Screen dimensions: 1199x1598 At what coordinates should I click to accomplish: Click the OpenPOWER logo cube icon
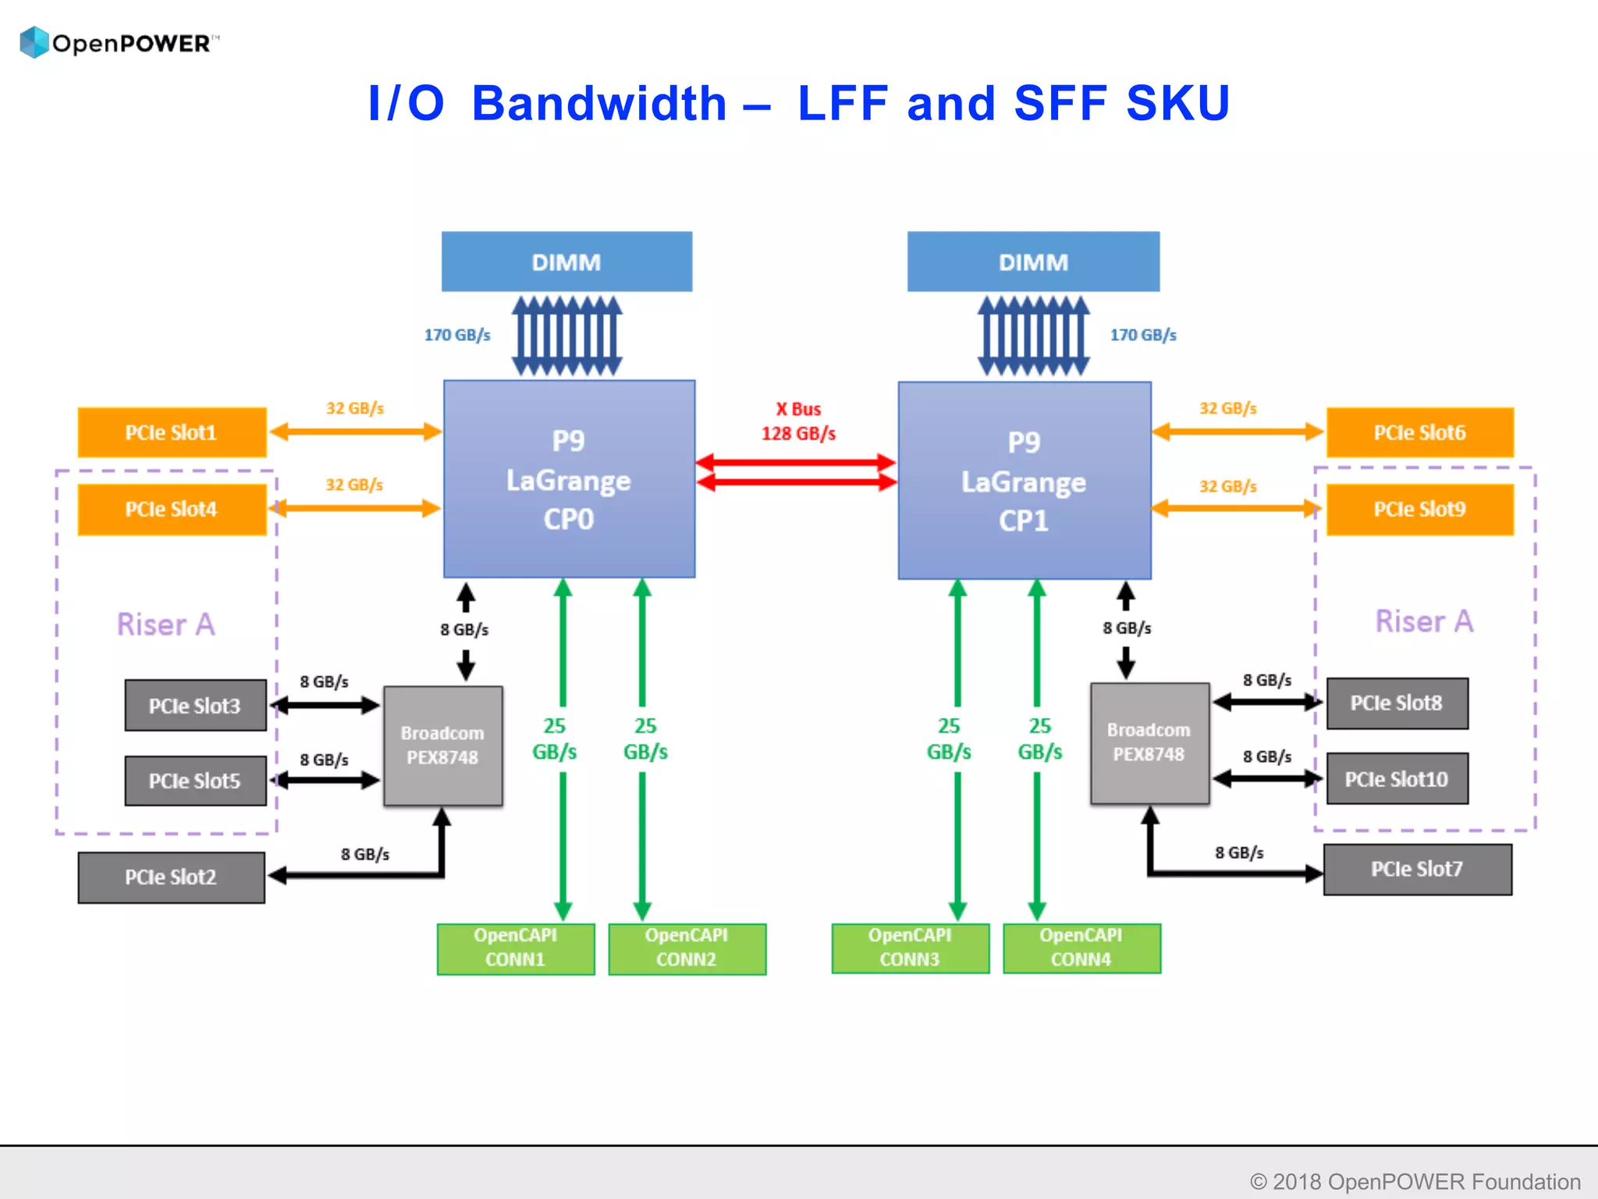[34, 42]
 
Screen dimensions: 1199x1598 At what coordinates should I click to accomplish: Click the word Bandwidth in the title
[599, 103]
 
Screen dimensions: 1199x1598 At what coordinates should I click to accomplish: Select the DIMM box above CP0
[566, 262]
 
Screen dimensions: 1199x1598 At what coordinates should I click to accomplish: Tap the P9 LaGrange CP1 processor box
[1024, 481]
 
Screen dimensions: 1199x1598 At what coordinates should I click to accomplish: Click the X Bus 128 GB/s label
[798, 422]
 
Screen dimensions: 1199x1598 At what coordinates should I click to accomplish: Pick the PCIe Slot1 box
[172, 432]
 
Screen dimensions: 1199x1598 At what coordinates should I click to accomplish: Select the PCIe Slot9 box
[1419, 509]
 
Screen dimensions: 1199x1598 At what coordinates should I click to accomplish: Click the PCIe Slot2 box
[171, 877]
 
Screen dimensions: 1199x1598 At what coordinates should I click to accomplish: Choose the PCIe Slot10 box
[1397, 779]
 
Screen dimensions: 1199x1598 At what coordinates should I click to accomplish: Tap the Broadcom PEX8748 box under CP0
[442, 745]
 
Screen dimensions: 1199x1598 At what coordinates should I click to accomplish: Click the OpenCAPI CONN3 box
[910, 948]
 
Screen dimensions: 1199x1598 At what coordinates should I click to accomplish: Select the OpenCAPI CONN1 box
[515, 948]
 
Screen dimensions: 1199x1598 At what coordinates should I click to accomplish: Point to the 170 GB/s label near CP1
[1143, 335]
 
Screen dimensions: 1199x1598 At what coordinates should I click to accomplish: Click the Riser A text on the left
[165, 624]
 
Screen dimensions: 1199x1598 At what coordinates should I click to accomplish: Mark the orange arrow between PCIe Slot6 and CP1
[1238, 432]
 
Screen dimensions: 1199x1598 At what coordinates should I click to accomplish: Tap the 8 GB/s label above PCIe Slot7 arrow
[1238, 852]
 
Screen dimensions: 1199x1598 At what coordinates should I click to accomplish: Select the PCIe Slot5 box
[195, 781]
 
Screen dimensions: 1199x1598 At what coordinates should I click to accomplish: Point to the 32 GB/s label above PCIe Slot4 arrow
[354, 485]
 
